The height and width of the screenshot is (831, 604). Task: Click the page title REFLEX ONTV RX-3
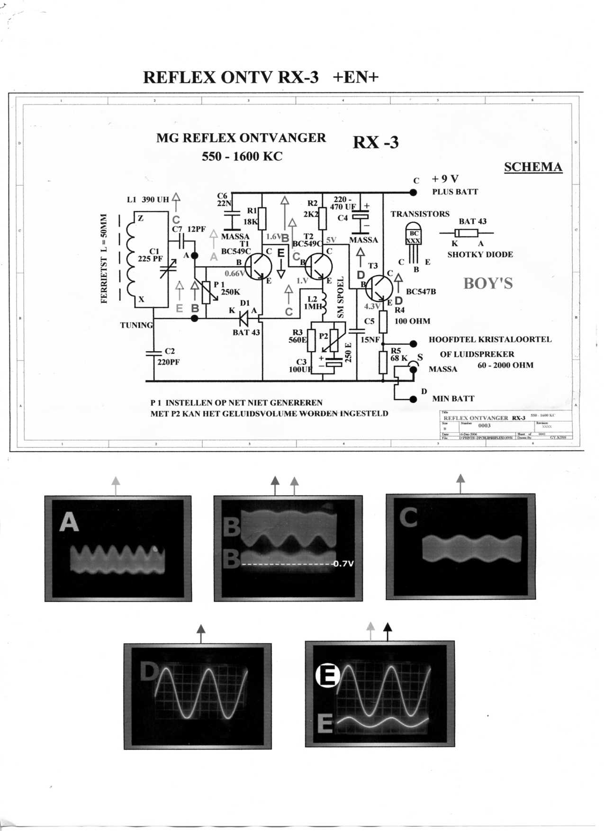coord(231,77)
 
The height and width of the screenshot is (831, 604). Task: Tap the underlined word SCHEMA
coord(533,167)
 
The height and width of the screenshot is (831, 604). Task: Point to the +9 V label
coord(445,179)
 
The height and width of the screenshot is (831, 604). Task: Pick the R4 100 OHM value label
coord(412,321)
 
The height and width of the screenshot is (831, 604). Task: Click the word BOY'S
coord(488,283)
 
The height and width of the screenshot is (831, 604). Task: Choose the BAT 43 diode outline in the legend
coord(466,233)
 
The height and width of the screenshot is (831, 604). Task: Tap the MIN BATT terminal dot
coord(413,399)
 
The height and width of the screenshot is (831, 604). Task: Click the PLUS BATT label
coord(455,192)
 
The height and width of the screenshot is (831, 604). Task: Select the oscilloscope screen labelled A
coord(118,549)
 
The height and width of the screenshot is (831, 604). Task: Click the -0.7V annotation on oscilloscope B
coord(343,564)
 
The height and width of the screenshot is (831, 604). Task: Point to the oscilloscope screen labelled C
coord(460,547)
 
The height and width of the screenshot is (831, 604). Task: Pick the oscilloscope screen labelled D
coord(198,696)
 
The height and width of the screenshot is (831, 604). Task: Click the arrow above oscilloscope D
coord(201,632)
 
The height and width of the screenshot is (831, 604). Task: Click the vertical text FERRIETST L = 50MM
coord(104,259)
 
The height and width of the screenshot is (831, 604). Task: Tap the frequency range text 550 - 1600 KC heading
coord(242,156)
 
